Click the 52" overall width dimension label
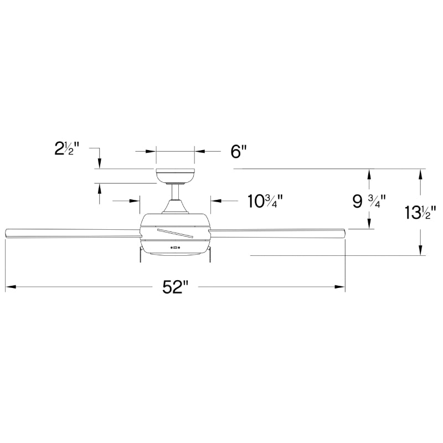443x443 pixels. click(x=176, y=287)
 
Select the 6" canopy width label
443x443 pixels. click(x=238, y=151)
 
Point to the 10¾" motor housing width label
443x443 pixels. click(x=265, y=201)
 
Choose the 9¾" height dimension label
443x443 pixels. click(x=369, y=201)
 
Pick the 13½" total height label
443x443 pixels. click(x=421, y=212)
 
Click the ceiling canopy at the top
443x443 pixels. click(x=175, y=176)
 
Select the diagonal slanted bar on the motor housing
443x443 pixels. click(x=175, y=233)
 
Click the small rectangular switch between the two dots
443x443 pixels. click(x=176, y=247)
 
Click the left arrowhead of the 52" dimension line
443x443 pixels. click(x=9, y=287)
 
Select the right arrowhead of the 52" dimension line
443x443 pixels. click(x=341, y=287)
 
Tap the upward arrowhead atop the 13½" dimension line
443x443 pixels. click(x=421, y=173)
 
